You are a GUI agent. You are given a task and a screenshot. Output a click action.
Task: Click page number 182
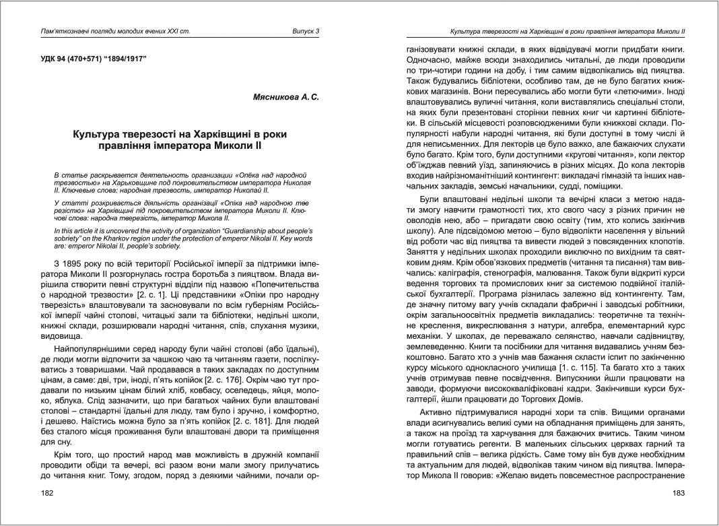[48, 494]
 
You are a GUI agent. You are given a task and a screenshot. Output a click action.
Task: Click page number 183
[678, 494]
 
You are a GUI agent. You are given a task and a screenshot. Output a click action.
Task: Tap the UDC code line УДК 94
[94, 59]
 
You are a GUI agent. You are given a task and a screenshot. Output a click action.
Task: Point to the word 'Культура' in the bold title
[100, 135]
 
